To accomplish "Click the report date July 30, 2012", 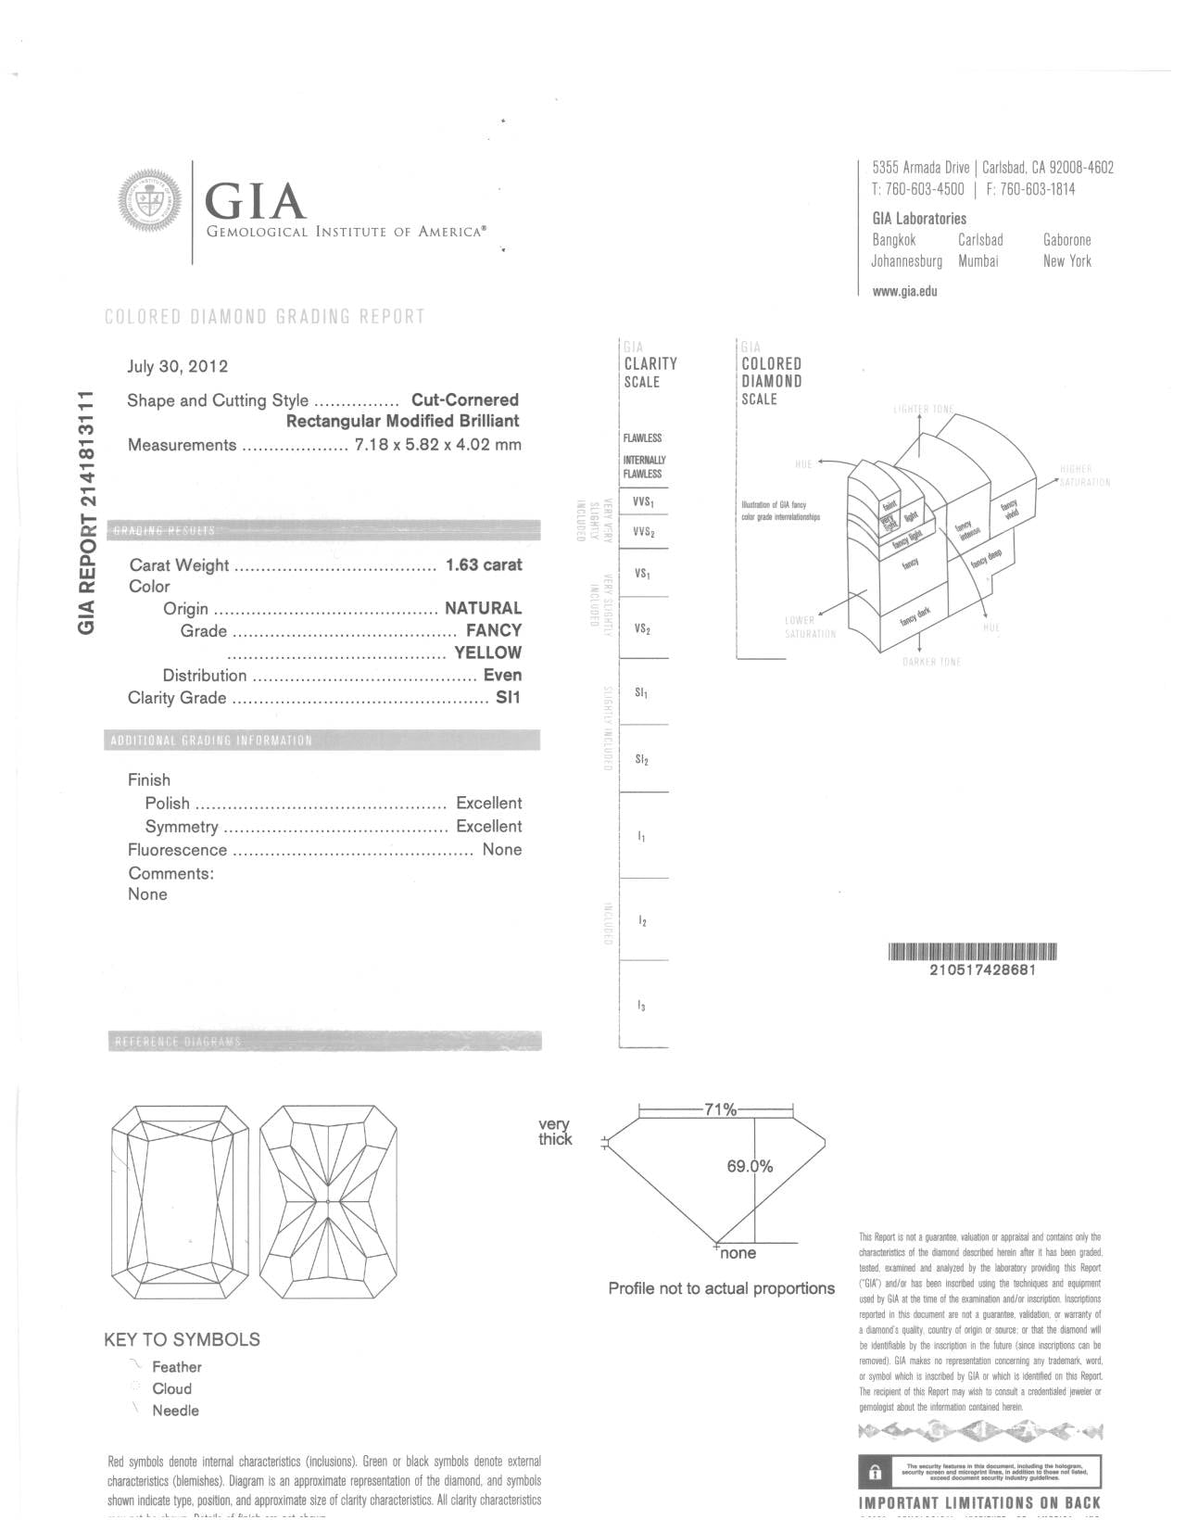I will [x=177, y=366].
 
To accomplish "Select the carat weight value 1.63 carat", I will [x=484, y=564].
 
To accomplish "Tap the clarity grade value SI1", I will [x=508, y=698].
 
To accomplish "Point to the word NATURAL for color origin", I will [x=483, y=608].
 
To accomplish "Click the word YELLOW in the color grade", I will [x=487, y=652].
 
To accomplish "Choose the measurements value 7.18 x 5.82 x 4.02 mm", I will [x=437, y=445].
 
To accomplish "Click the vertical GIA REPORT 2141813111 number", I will [x=88, y=512].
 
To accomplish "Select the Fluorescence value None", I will [x=501, y=850].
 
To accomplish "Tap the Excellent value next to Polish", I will [x=488, y=804].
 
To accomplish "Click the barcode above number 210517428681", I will [x=973, y=952].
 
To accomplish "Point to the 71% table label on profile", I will [x=720, y=1109].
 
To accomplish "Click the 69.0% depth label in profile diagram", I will [x=749, y=1167].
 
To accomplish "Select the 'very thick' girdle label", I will [x=555, y=1133].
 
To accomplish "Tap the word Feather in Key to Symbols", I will [x=176, y=1367].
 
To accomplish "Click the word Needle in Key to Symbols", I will [x=175, y=1411].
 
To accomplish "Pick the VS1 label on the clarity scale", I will [x=641, y=574].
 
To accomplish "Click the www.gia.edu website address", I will [x=904, y=291].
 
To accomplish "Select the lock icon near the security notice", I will [x=874, y=1472].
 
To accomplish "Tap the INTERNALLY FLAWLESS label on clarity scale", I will [x=644, y=467].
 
